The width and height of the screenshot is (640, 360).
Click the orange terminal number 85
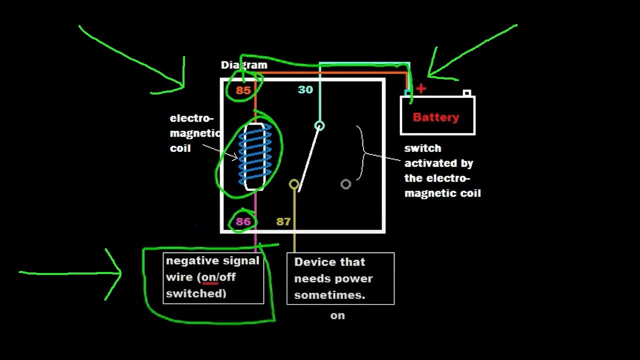(243, 90)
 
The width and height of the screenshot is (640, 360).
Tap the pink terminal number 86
(243, 221)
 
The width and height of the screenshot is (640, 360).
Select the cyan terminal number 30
(305, 90)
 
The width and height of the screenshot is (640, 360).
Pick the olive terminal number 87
(283, 221)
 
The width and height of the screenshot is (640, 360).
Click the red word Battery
(436, 117)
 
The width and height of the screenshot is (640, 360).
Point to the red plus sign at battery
(421, 89)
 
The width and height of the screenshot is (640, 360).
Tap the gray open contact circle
(345, 184)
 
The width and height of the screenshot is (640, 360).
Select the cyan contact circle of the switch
(319, 125)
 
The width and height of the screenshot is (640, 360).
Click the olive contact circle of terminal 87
(294, 184)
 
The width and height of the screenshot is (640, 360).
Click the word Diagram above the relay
(244, 65)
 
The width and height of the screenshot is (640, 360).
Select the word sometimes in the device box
(329, 295)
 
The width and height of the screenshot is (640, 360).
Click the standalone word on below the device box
(337, 315)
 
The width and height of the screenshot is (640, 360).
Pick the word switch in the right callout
(422, 148)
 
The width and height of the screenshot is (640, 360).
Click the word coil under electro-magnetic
(180, 148)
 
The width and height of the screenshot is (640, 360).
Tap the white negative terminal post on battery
(467, 93)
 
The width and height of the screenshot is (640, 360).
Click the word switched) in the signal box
(196, 293)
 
